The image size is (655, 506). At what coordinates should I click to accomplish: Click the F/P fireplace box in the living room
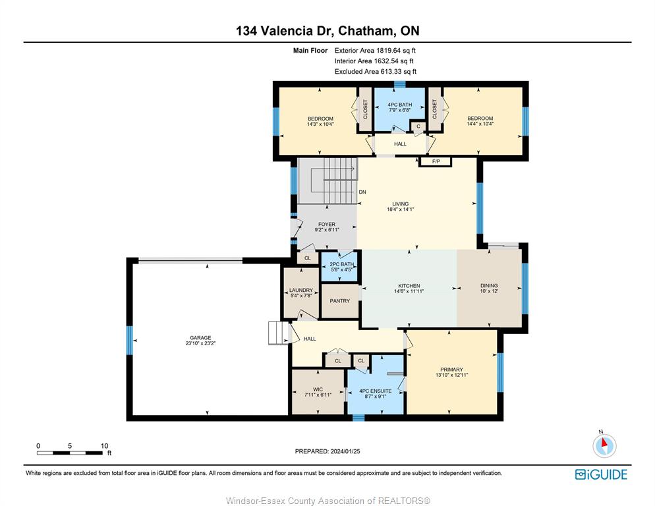tap(436, 161)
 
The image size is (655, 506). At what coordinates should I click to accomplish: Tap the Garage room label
tap(200, 337)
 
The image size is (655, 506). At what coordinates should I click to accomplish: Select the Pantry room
tap(339, 301)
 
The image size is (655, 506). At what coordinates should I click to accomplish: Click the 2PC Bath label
tap(342, 264)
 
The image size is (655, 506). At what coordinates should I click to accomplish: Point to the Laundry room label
tap(301, 290)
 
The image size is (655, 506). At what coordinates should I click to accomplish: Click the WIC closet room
tap(318, 392)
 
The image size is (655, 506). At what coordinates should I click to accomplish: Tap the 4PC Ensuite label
tap(376, 391)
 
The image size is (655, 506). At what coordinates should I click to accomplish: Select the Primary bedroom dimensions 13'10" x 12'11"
tap(451, 375)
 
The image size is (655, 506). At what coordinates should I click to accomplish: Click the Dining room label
tap(489, 286)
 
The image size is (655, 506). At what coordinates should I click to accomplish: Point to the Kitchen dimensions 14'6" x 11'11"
tap(409, 291)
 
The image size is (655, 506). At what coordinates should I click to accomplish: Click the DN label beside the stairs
tap(362, 192)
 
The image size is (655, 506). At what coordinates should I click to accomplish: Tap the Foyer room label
tap(327, 225)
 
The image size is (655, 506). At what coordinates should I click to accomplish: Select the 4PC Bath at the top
tap(400, 107)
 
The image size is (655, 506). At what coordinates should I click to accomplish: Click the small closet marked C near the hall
tap(418, 126)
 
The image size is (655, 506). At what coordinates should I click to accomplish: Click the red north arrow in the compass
tap(604, 443)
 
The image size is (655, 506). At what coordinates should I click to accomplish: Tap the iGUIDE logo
tap(601, 474)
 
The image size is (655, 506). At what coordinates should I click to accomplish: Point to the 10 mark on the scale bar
tap(104, 446)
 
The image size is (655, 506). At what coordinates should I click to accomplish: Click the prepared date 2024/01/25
tap(345, 451)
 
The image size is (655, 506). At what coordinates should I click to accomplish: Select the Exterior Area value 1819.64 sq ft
tap(396, 51)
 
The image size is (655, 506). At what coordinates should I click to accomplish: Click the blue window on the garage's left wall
tap(130, 341)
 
